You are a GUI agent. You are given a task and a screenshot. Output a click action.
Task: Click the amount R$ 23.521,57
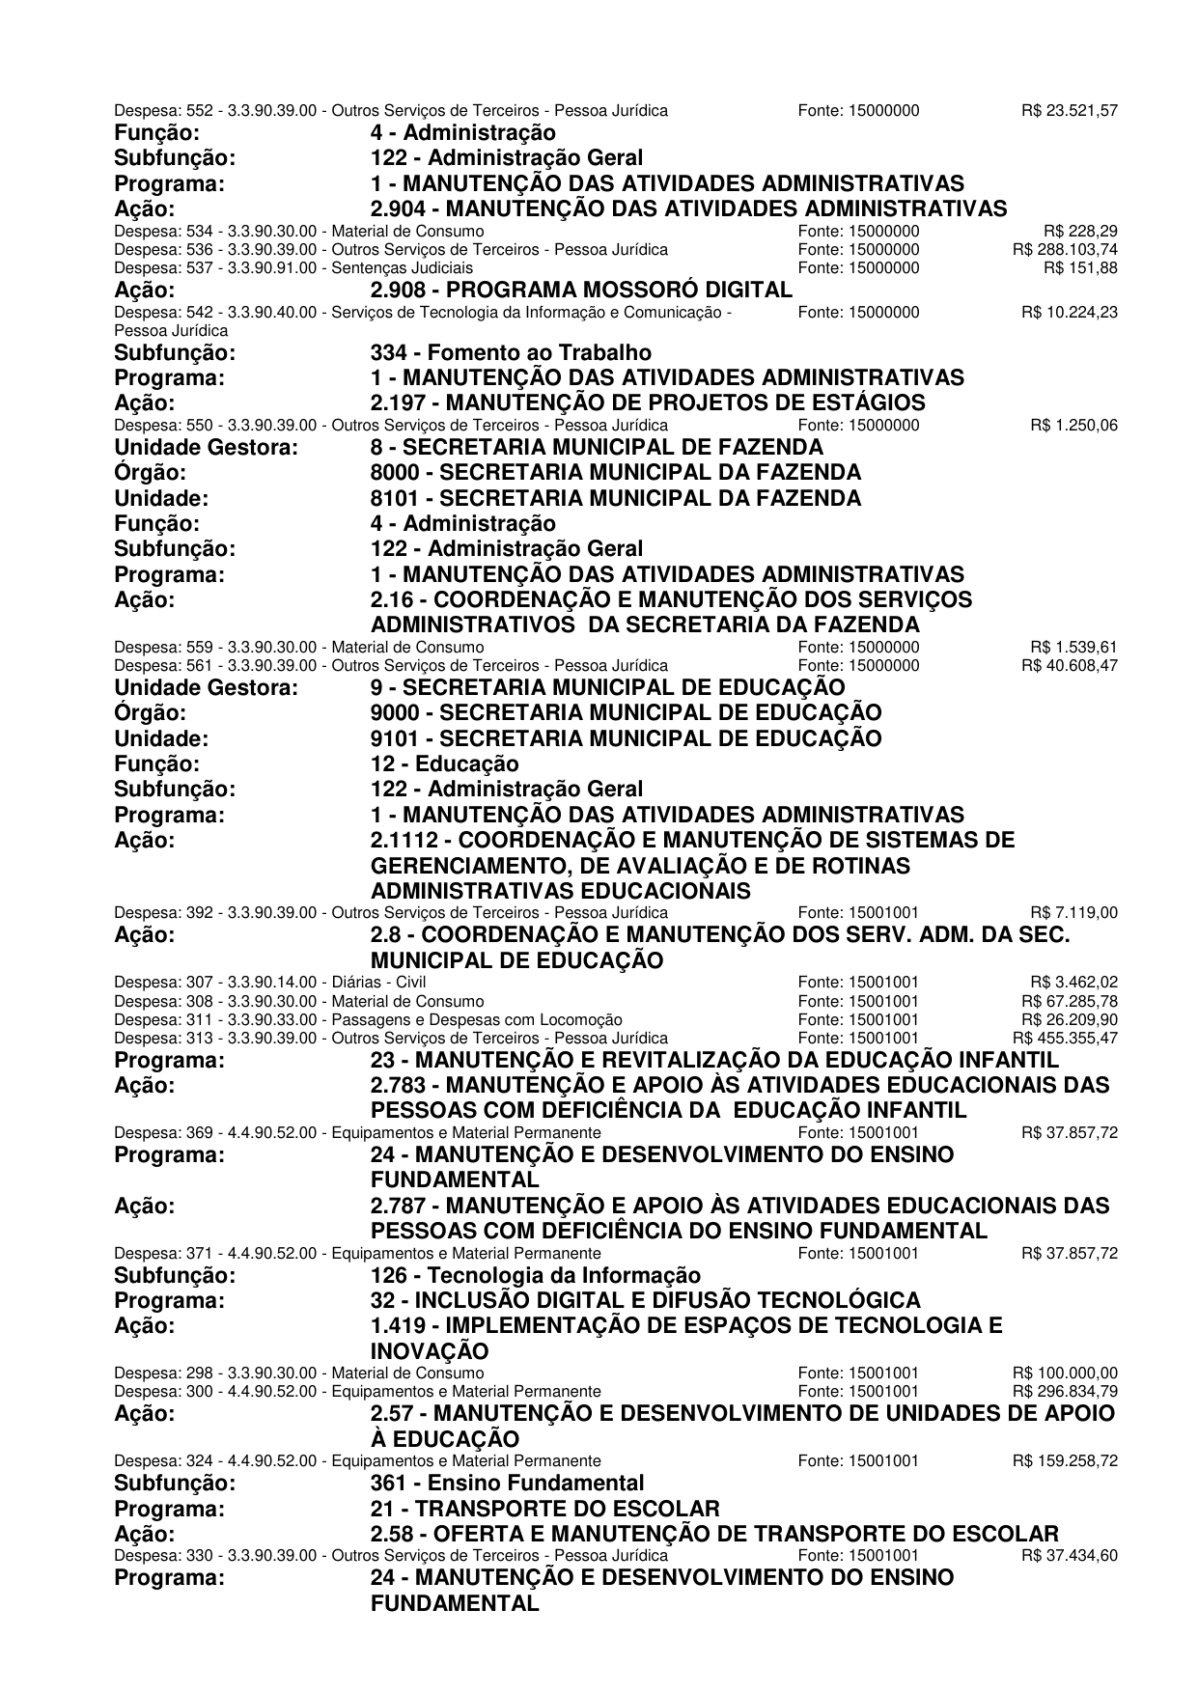(x=1069, y=111)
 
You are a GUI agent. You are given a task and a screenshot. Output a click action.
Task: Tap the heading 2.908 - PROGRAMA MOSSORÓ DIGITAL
(x=581, y=290)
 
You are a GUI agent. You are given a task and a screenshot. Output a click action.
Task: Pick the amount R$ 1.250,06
(x=1073, y=426)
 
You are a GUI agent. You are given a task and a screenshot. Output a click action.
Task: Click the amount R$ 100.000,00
(x=1065, y=1374)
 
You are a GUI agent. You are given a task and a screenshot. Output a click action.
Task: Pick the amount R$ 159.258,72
(x=1065, y=1461)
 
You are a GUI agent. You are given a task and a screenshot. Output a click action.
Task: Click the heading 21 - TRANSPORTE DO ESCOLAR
(x=544, y=1509)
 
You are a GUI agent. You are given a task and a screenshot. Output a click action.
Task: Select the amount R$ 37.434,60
(x=1069, y=1556)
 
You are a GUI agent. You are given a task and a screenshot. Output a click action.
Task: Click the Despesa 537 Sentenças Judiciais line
(x=293, y=268)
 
